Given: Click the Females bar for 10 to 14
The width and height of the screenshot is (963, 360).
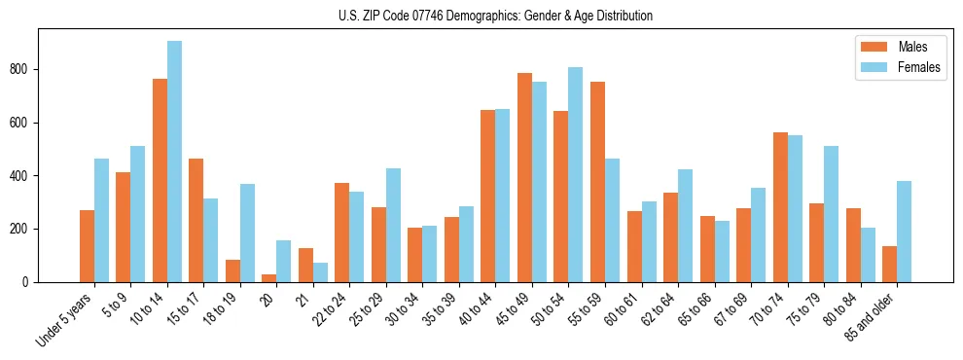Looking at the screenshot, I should click(174, 162).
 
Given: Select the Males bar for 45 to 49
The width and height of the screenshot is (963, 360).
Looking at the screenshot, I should click(524, 178).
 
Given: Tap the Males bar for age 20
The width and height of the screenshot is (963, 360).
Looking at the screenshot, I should click(269, 278).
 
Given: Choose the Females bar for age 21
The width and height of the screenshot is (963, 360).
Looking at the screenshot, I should click(320, 272).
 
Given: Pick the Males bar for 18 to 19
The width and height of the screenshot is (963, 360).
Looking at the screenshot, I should click(232, 271).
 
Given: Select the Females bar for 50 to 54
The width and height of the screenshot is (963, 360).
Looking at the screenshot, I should click(575, 175).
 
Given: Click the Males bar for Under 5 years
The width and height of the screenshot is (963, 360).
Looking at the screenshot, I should click(87, 246).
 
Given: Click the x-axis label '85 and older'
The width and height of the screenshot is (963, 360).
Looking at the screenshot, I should click(871, 317).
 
